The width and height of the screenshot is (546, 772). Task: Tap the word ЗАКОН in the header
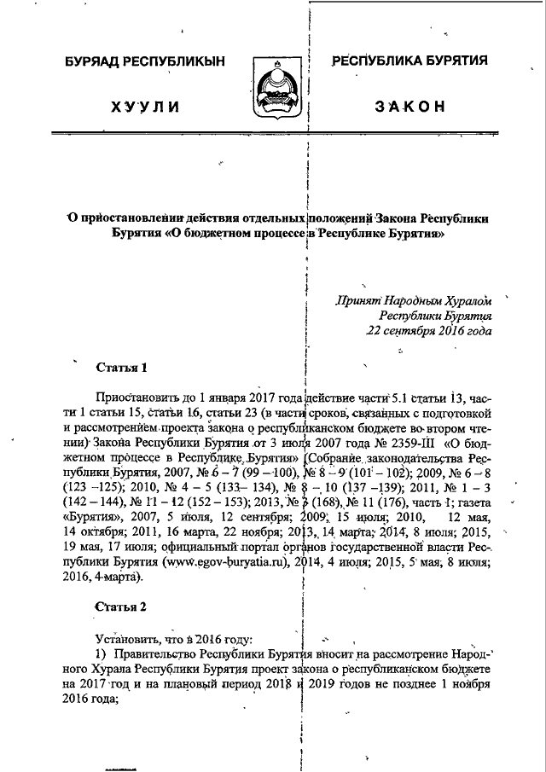(409, 107)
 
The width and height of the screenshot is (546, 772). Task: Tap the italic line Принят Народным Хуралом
(415, 299)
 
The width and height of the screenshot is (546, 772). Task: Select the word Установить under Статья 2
(128, 639)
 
